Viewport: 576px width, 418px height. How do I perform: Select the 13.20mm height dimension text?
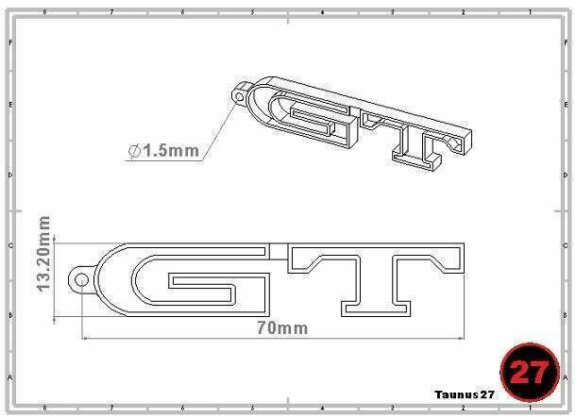pyautogui.click(x=42, y=255)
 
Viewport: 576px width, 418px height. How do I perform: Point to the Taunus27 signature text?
pyautogui.click(x=464, y=394)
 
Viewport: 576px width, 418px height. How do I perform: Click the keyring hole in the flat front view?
pyautogui.click(x=82, y=279)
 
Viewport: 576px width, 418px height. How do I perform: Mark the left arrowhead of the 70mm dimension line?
pyautogui.click(x=86, y=337)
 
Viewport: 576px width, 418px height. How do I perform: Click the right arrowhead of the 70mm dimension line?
pyautogui.click(x=464, y=337)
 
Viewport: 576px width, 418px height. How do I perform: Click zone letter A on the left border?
pyautogui.click(x=10, y=376)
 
